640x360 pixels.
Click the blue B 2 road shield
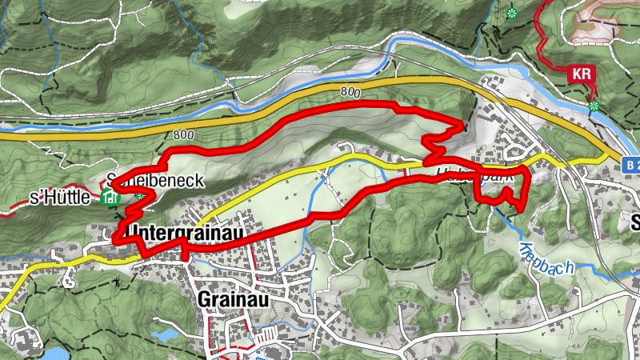[631, 162]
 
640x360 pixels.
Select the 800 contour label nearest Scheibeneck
[183, 134]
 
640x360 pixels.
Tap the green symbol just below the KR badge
[594, 105]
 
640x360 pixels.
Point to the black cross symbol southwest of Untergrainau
[118, 281]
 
